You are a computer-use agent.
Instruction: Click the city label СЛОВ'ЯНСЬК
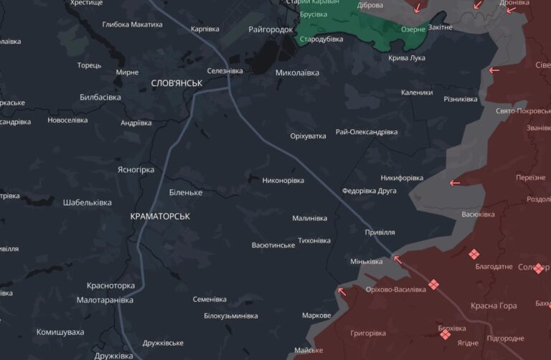click(176, 83)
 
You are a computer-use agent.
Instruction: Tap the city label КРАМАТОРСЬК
click(160, 215)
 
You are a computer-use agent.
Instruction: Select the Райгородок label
click(270, 29)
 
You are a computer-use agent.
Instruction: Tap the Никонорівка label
click(283, 180)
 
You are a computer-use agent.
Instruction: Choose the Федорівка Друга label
click(369, 191)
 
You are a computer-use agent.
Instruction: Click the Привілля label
click(380, 232)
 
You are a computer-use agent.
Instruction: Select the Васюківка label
click(478, 214)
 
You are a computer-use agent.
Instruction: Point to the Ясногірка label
click(136, 170)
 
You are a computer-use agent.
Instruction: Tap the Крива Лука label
click(407, 57)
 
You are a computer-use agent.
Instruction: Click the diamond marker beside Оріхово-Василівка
click(433, 285)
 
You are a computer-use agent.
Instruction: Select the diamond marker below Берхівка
click(445, 333)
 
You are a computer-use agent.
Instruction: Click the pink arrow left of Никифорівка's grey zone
click(455, 183)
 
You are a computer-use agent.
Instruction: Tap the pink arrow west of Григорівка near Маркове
click(341, 290)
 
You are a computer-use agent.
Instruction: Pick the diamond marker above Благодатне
click(474, 254)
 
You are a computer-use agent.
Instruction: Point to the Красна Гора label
click(494, 305)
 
